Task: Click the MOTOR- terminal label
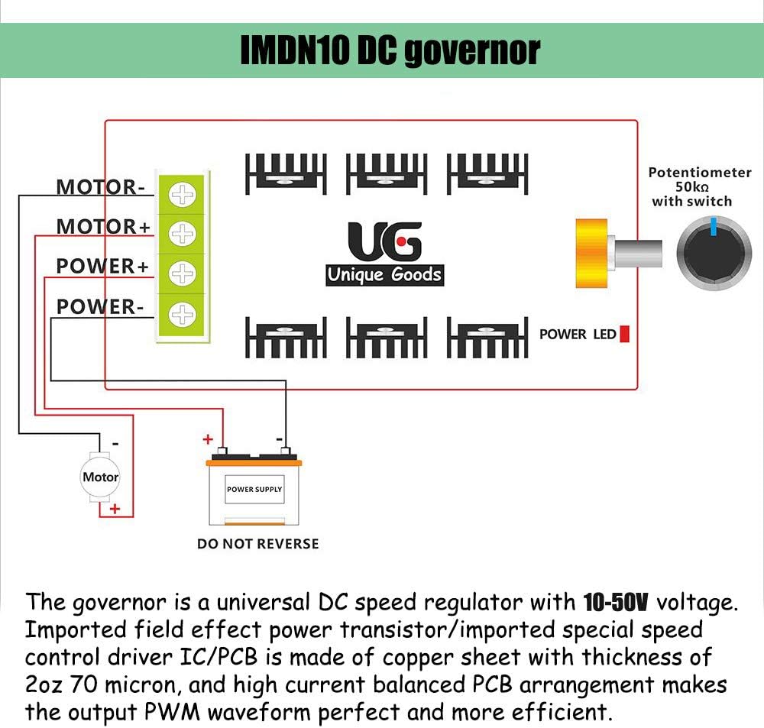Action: [100, 186]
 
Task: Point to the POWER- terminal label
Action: [100, 307]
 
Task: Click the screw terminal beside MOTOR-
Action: [182, 194]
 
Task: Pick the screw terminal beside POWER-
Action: [182, 313]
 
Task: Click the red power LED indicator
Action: [624, 334]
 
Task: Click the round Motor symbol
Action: [100, 477]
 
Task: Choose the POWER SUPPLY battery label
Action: [254, 489]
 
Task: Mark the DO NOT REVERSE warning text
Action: [257, 544]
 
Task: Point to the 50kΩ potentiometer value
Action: [691, 187]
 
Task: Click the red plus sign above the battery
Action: [206, 439]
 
